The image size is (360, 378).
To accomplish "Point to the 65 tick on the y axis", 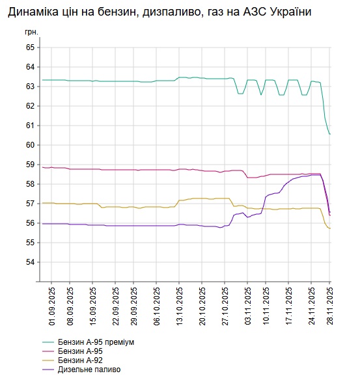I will coord(30,47).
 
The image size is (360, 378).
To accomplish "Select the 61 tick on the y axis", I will coord(30,126).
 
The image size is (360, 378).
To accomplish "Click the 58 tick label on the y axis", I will coord(30,184).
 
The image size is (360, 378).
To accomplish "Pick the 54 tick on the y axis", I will coord(30,262).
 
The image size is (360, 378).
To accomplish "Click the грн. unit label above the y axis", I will coord(31,31).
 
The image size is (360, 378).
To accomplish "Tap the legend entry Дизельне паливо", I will coord(89,370).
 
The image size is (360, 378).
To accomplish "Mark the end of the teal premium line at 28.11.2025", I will coord(330,134).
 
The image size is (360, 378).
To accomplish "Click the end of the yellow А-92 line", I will coord(330,228).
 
